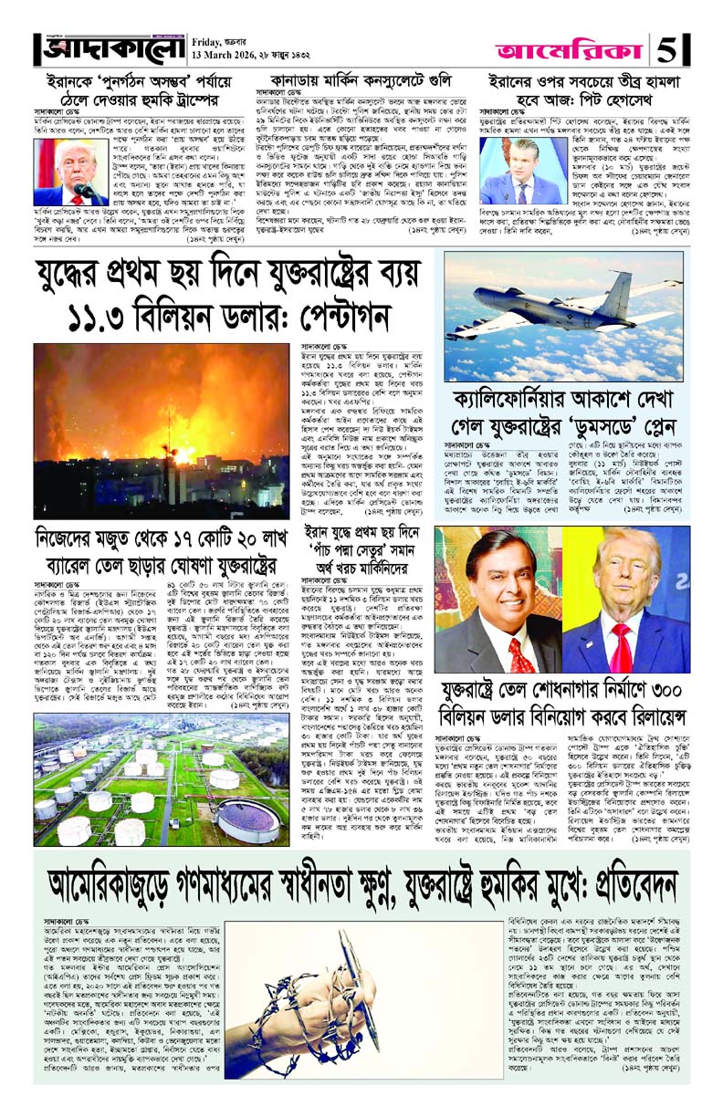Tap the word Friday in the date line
(214, 40)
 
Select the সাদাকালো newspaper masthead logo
(110, 46)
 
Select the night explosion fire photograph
(161, 429)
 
